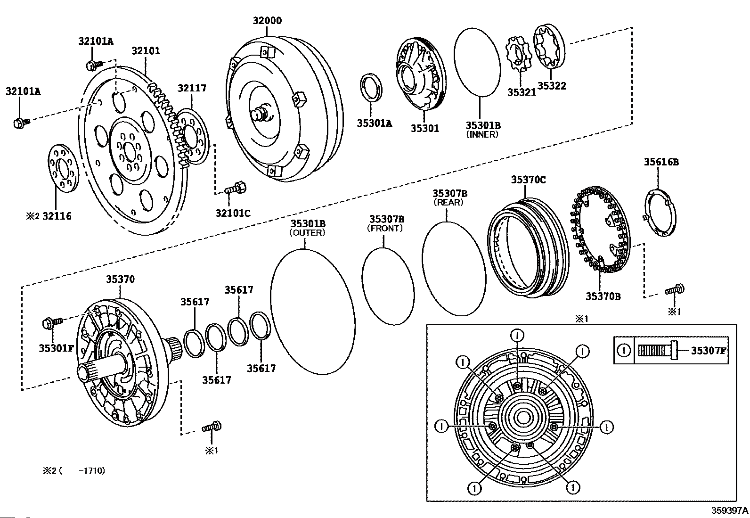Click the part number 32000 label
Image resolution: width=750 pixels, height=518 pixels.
[x=267, y=20]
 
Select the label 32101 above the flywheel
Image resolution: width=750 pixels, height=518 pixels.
[x=146, y=51]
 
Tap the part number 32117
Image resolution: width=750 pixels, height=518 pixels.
[x=192, y=88]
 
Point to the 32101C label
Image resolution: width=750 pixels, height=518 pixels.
[x=233, y=213]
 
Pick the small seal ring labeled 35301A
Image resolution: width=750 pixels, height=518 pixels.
[x=371, y=87]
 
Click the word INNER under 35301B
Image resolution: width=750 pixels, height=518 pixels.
[x=482, y=135]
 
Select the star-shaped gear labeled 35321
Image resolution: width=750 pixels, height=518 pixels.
[x=517, y=59]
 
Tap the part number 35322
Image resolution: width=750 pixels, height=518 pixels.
[x=552, y=86]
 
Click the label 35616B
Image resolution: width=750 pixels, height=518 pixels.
[x=661, y=162]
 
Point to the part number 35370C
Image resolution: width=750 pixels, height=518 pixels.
[x=528, y=180]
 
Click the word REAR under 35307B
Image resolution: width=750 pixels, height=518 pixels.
[x=448, y=202]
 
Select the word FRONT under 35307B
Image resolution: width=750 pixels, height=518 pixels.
[x=385, y=228]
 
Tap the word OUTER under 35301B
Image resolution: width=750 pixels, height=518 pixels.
[x=307, y=232]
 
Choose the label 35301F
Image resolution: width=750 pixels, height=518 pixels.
[x=56, y=348]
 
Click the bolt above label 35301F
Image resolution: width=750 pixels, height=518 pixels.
[x=53, y=323]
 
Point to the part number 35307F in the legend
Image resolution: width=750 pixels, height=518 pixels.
[x=709, y=351]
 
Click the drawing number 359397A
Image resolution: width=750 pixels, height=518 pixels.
[x=729, y=510]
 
